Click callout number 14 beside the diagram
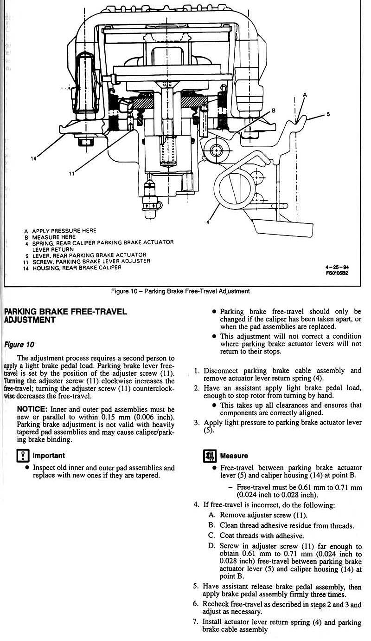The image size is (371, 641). [x=33, y=158]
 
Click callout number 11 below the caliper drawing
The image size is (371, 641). [x=72, y=174]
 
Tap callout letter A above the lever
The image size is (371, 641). [x=305, y=94]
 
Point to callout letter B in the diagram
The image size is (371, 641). [x=274, y=111]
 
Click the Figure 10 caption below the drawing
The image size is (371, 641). [x=180, y=291]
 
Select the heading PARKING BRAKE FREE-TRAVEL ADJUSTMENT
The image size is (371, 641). [x=65, y=315]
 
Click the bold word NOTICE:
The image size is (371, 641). [x=32, y=409]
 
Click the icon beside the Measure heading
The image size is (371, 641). [x=210, y=456]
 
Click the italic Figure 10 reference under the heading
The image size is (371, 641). [x=19, y=345]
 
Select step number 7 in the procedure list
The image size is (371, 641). [x=196, y=621]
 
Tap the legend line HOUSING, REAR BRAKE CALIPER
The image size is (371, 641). [x=77, y=268]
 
